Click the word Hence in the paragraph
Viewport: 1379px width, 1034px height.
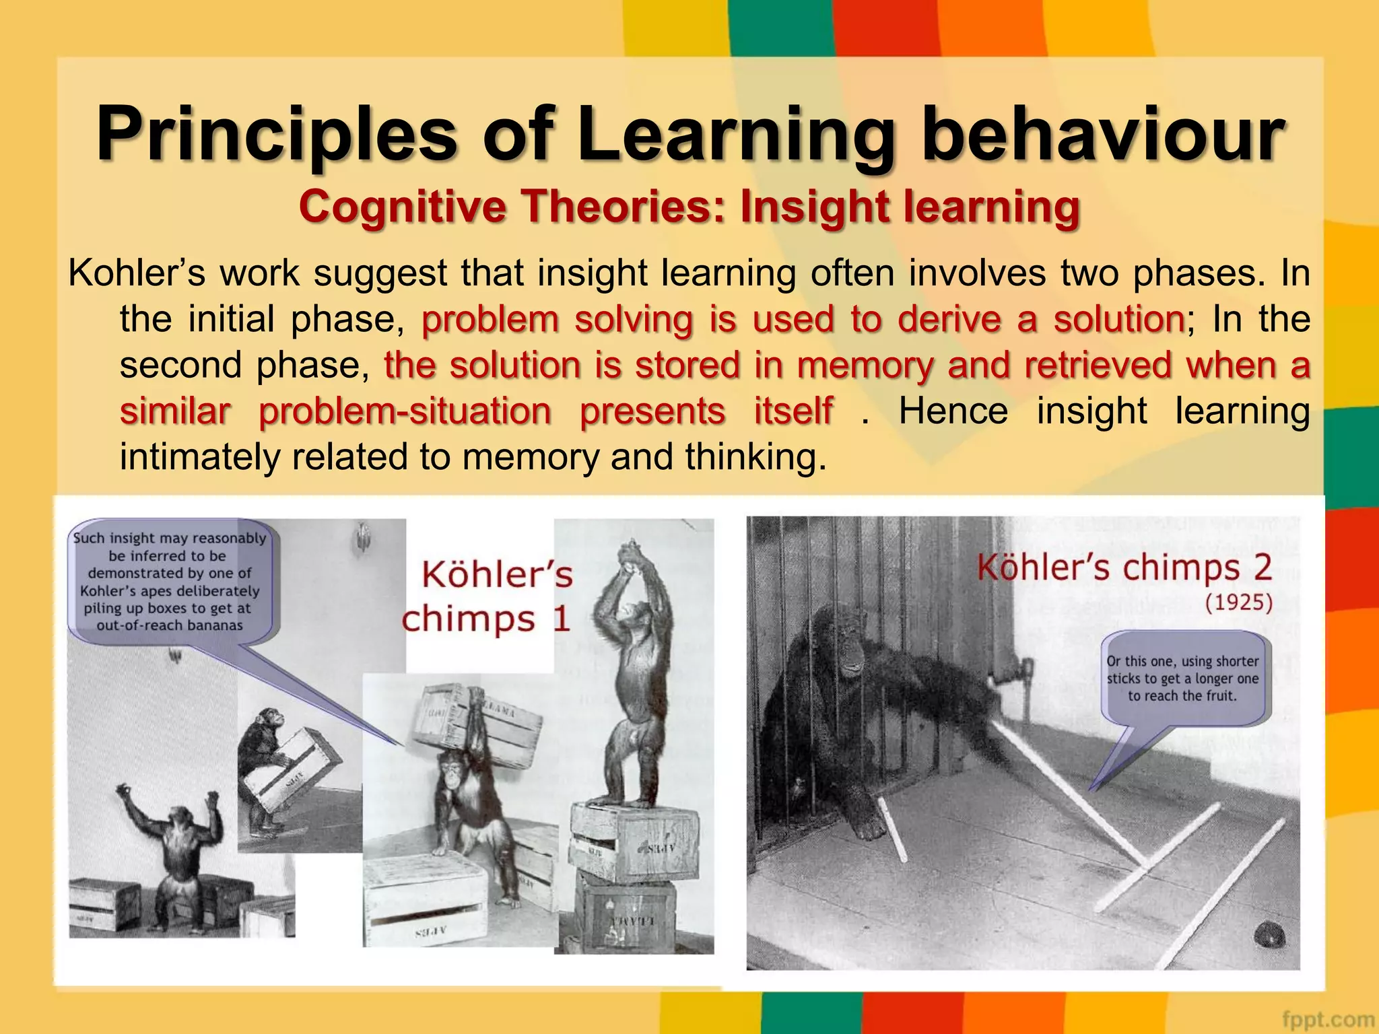click(953, 411)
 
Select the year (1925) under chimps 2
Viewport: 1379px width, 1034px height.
click(1238, 602)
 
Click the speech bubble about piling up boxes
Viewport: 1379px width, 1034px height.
click(171, 582)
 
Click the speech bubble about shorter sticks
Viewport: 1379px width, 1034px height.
click(1183, 679)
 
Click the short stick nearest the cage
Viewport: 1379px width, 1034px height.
click(894, 828)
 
